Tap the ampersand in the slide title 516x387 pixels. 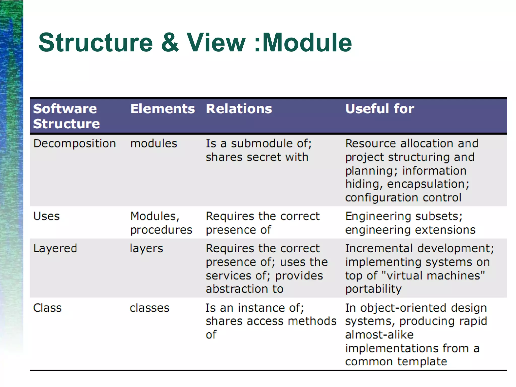[x=170, y=43]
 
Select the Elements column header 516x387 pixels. [x=163, y=109]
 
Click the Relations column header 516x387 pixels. [x=239, y=109]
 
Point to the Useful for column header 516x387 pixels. [x=379, y=109]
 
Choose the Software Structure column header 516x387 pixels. [x=66, y=116]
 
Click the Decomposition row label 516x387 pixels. [x=75, y=143]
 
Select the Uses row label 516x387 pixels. [x=46, y=216]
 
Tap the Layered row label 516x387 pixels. [x=55, y=248]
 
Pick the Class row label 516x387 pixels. [x=47, y=308]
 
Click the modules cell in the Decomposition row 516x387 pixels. [x=154, y=143]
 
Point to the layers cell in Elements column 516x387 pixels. [x=146, y=248]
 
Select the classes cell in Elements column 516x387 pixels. [x=149, y=308]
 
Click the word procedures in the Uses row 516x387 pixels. [x=161, y=230]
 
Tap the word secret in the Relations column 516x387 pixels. [x=264, y=157]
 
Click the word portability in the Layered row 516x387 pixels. [x=373, y=289]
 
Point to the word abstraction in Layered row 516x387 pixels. [x=236, y=289]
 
